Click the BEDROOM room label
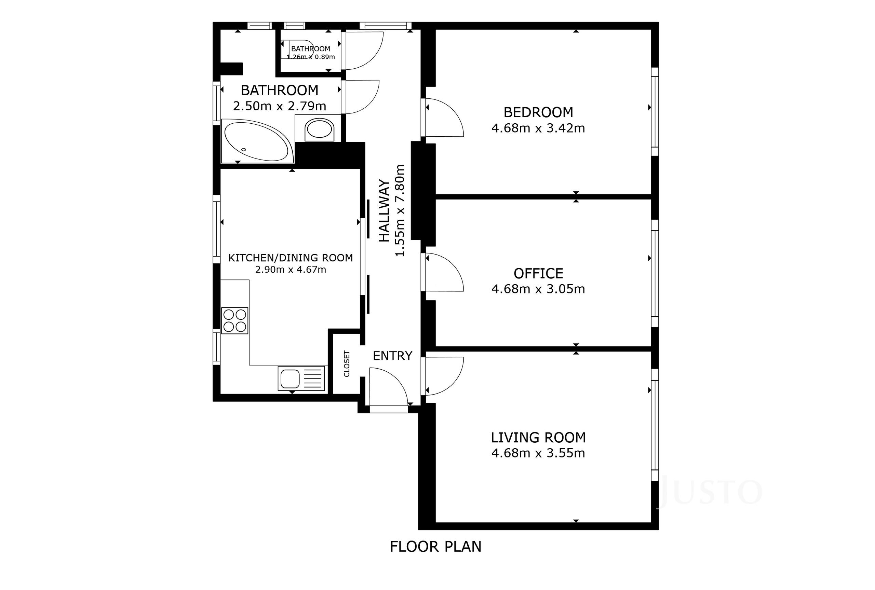(538, 112)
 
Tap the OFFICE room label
(538, 273)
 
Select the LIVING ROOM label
(538, 437)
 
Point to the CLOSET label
(347, 364)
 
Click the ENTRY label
(392, 356)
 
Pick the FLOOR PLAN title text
(435, 547)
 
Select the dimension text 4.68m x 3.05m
(538, 289)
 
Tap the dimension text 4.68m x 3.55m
(538, 453)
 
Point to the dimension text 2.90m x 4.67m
(291, 270)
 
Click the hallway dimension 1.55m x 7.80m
(400, 211)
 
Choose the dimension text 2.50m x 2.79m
(280, 106)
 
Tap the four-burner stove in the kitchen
(235, 320)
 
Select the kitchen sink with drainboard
(301, 378)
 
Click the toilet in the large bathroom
(320, 130)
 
